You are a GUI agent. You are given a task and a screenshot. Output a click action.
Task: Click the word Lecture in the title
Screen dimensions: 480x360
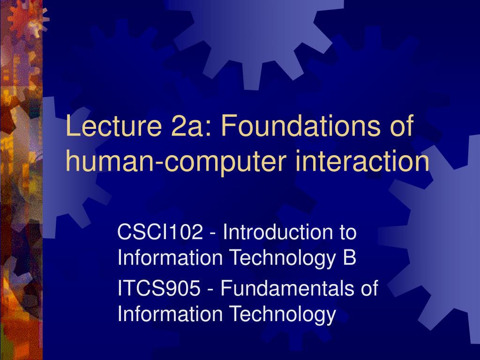pos(113,126)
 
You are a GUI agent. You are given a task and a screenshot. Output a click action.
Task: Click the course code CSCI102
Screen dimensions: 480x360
pos(160,232)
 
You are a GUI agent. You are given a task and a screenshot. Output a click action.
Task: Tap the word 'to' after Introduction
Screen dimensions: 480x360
pos(348,232)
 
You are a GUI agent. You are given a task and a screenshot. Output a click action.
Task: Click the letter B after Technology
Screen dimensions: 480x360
pos(350,257)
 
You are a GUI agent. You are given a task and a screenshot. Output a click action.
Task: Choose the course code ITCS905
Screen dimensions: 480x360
pos(159,288)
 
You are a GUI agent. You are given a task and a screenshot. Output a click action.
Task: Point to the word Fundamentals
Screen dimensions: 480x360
pos(287,288)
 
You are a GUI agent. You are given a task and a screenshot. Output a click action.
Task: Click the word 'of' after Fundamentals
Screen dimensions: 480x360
pos(369,288)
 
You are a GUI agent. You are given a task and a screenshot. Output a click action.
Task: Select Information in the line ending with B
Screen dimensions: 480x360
pos(170,257)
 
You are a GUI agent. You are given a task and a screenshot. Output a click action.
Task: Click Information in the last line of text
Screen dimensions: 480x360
pos(170,314)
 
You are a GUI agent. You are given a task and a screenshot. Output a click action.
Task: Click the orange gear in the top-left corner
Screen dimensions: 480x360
pos(26,18)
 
